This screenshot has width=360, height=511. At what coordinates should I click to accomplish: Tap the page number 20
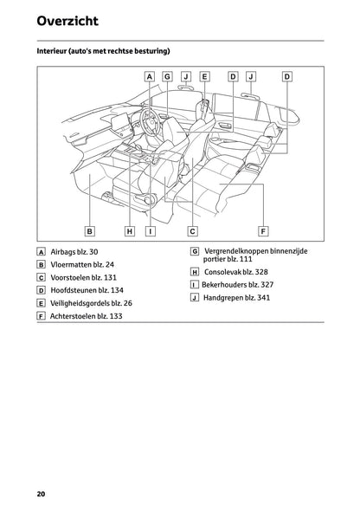41,494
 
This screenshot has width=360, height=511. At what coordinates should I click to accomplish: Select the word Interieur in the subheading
55,52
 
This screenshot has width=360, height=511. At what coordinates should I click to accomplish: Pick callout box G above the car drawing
167,76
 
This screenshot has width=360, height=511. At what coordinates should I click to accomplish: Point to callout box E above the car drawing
204,76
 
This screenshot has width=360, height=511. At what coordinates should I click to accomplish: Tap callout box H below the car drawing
129,231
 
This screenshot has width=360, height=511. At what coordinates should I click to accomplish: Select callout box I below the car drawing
150,231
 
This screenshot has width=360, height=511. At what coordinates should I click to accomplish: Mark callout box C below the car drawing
192,231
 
